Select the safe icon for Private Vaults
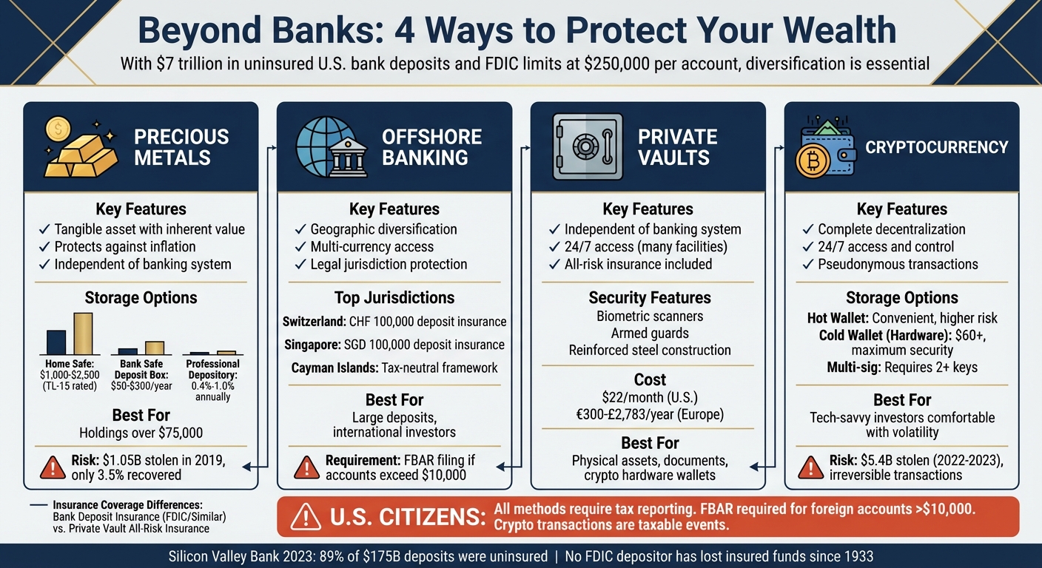click(588, 146)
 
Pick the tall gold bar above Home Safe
click(83, 334)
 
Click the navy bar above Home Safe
click(56, 342)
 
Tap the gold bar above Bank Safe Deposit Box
click(155, 348)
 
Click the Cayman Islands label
click(335, 368)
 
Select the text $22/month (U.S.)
click(650, 397)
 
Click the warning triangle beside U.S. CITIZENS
click(306, 517)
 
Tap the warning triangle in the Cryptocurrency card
click(811, 467)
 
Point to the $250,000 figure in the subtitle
click(616, 63)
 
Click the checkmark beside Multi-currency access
click(300, 247)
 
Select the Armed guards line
click(650, 334)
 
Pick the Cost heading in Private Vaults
click(650, 379)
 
